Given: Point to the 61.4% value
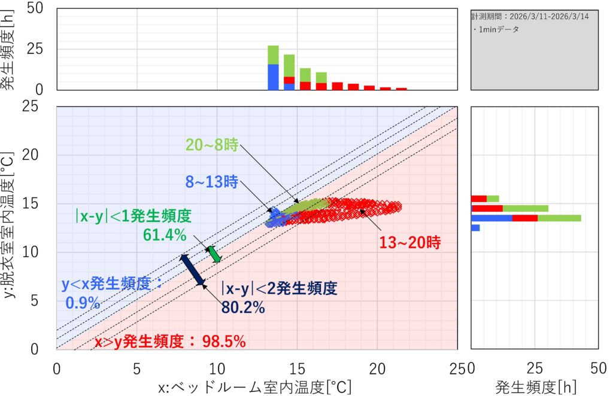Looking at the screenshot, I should pyautogui.click(x=165, y=235).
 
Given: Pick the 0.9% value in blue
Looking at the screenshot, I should pyautogui.click(x=83, y=303).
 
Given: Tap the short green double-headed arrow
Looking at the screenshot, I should pyautogui.click(x=214, y=254).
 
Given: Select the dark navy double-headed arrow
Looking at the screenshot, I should pyautogui.click(x=193, y=269).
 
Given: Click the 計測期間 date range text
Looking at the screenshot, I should pyautogui.click(x=530, y=17).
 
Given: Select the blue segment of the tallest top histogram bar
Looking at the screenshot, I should pyautogui.click(x=273, y=77).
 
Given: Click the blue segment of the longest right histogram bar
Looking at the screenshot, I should pyautogui.click(x=491, y=218).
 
